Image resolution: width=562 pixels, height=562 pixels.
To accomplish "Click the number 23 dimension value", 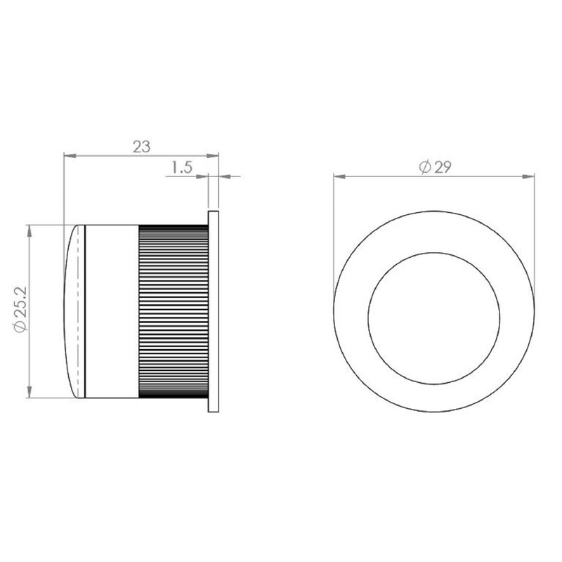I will (x=142, y=147).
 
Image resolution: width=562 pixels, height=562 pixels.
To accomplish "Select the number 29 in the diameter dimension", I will (x=443, y=166).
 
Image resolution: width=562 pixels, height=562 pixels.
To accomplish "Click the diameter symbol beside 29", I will (x=424, y=166).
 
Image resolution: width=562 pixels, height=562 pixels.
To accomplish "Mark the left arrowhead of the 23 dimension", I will (x=67, y=156).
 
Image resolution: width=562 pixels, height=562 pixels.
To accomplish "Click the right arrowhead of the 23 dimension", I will (x=215, y=156).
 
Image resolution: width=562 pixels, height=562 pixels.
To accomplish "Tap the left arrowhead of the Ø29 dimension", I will (x=337, y=176).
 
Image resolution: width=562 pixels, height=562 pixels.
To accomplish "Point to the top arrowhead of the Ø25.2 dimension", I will (x=30, y=229).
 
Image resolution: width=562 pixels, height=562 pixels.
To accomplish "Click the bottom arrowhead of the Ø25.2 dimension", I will (x=30, y=394).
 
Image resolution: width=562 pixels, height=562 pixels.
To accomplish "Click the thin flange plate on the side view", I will (x=214, y=312).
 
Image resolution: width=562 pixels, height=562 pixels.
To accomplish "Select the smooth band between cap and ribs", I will (x=111, y=312).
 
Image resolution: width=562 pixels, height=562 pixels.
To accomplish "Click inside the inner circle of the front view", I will (x=434, y=316).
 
